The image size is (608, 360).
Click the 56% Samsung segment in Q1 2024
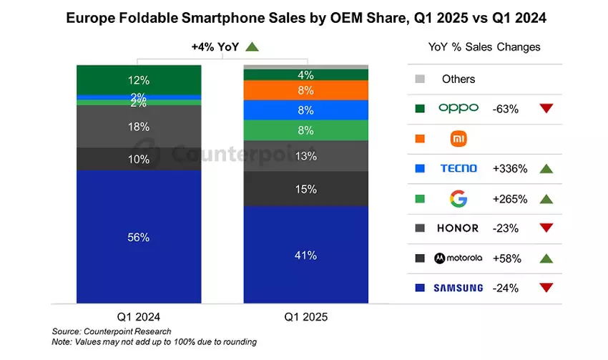click(x=139, y=237)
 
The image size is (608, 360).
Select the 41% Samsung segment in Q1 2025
click(x=306, y=255)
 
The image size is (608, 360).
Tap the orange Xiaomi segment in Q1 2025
click(x=306, y=90)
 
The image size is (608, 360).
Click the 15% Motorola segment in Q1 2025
click(x=306, y=189)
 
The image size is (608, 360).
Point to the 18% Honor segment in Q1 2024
click(x=139, y=127)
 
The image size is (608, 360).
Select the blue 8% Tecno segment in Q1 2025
click(x=306, y=110)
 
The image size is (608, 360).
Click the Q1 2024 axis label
click(x=139, y=316)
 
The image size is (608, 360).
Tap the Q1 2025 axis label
click(x=306, y=316)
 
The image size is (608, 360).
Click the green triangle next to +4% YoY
click(x=251, y=47)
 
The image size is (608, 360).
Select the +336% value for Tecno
click(x=510, y=169)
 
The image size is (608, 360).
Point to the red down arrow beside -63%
click(x=546, y=109)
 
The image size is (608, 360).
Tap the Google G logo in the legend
click(x=458, y=198)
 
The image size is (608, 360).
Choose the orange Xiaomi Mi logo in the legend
click(x=459, y=138)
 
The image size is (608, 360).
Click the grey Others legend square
click(x=420, y=79)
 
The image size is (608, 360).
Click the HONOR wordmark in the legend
click(x=459, y=228)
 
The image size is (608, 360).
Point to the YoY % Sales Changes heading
click(x=484, y=47)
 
